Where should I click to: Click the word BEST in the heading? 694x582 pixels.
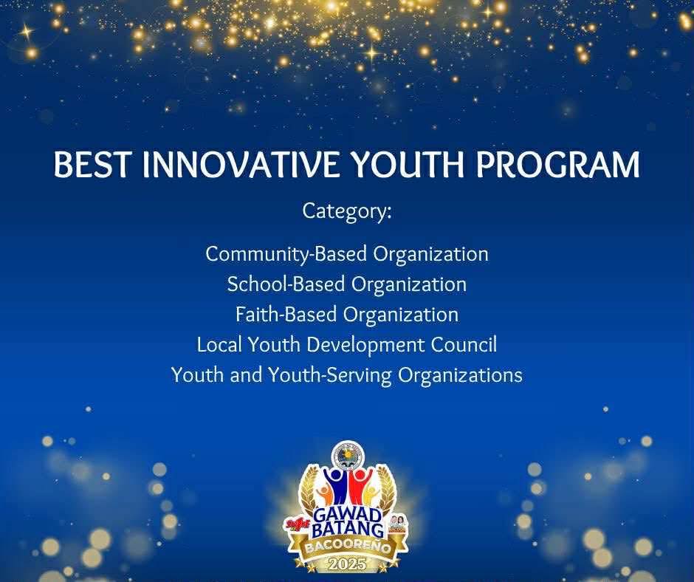(92, 164)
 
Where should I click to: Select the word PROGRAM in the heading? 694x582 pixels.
(558, 164)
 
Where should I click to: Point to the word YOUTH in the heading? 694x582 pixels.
(408, 164)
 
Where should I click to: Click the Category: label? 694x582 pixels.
(347, 211)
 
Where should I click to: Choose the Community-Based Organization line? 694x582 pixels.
(347, 255)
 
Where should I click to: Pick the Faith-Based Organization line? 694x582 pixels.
(347, 315)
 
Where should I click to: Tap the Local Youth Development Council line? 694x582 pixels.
(347, 345)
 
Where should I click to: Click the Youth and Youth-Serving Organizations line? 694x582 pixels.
(347, 375)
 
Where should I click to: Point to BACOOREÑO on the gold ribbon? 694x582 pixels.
(348, 547)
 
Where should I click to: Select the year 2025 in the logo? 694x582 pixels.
(348, 564)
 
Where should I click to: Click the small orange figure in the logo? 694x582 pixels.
(323, 496)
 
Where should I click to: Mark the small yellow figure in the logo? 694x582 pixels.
(372, 496)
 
